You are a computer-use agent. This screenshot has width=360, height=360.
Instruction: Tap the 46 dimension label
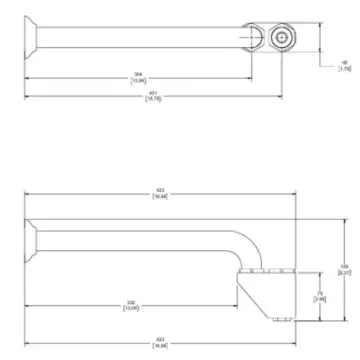(x=345, y=67)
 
